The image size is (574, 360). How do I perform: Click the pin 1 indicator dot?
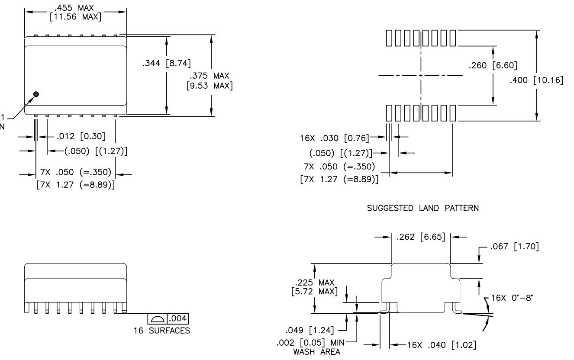(36, 94)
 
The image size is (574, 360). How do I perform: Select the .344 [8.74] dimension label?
(167, 63)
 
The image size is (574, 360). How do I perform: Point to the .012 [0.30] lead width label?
(81, 136)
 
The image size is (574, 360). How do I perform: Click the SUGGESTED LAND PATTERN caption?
(423, 208)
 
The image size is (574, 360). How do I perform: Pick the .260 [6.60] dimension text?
(493, 65)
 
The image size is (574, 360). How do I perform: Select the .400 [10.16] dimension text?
(537, 80)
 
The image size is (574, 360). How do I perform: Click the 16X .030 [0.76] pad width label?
(335, 138)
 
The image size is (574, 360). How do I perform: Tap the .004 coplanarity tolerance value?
(178, 318)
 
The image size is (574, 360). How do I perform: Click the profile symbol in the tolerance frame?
(157, 319)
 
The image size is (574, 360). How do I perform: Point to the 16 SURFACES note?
(162, 331)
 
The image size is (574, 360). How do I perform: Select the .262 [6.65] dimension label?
(421, 237)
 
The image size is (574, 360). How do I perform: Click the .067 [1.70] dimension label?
(515, 247)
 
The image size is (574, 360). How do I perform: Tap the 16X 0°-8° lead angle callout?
(512, 298)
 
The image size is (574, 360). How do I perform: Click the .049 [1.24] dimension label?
(310, 330)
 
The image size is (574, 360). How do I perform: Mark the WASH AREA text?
(317, 352)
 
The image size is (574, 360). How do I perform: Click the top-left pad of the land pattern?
(389, 38)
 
